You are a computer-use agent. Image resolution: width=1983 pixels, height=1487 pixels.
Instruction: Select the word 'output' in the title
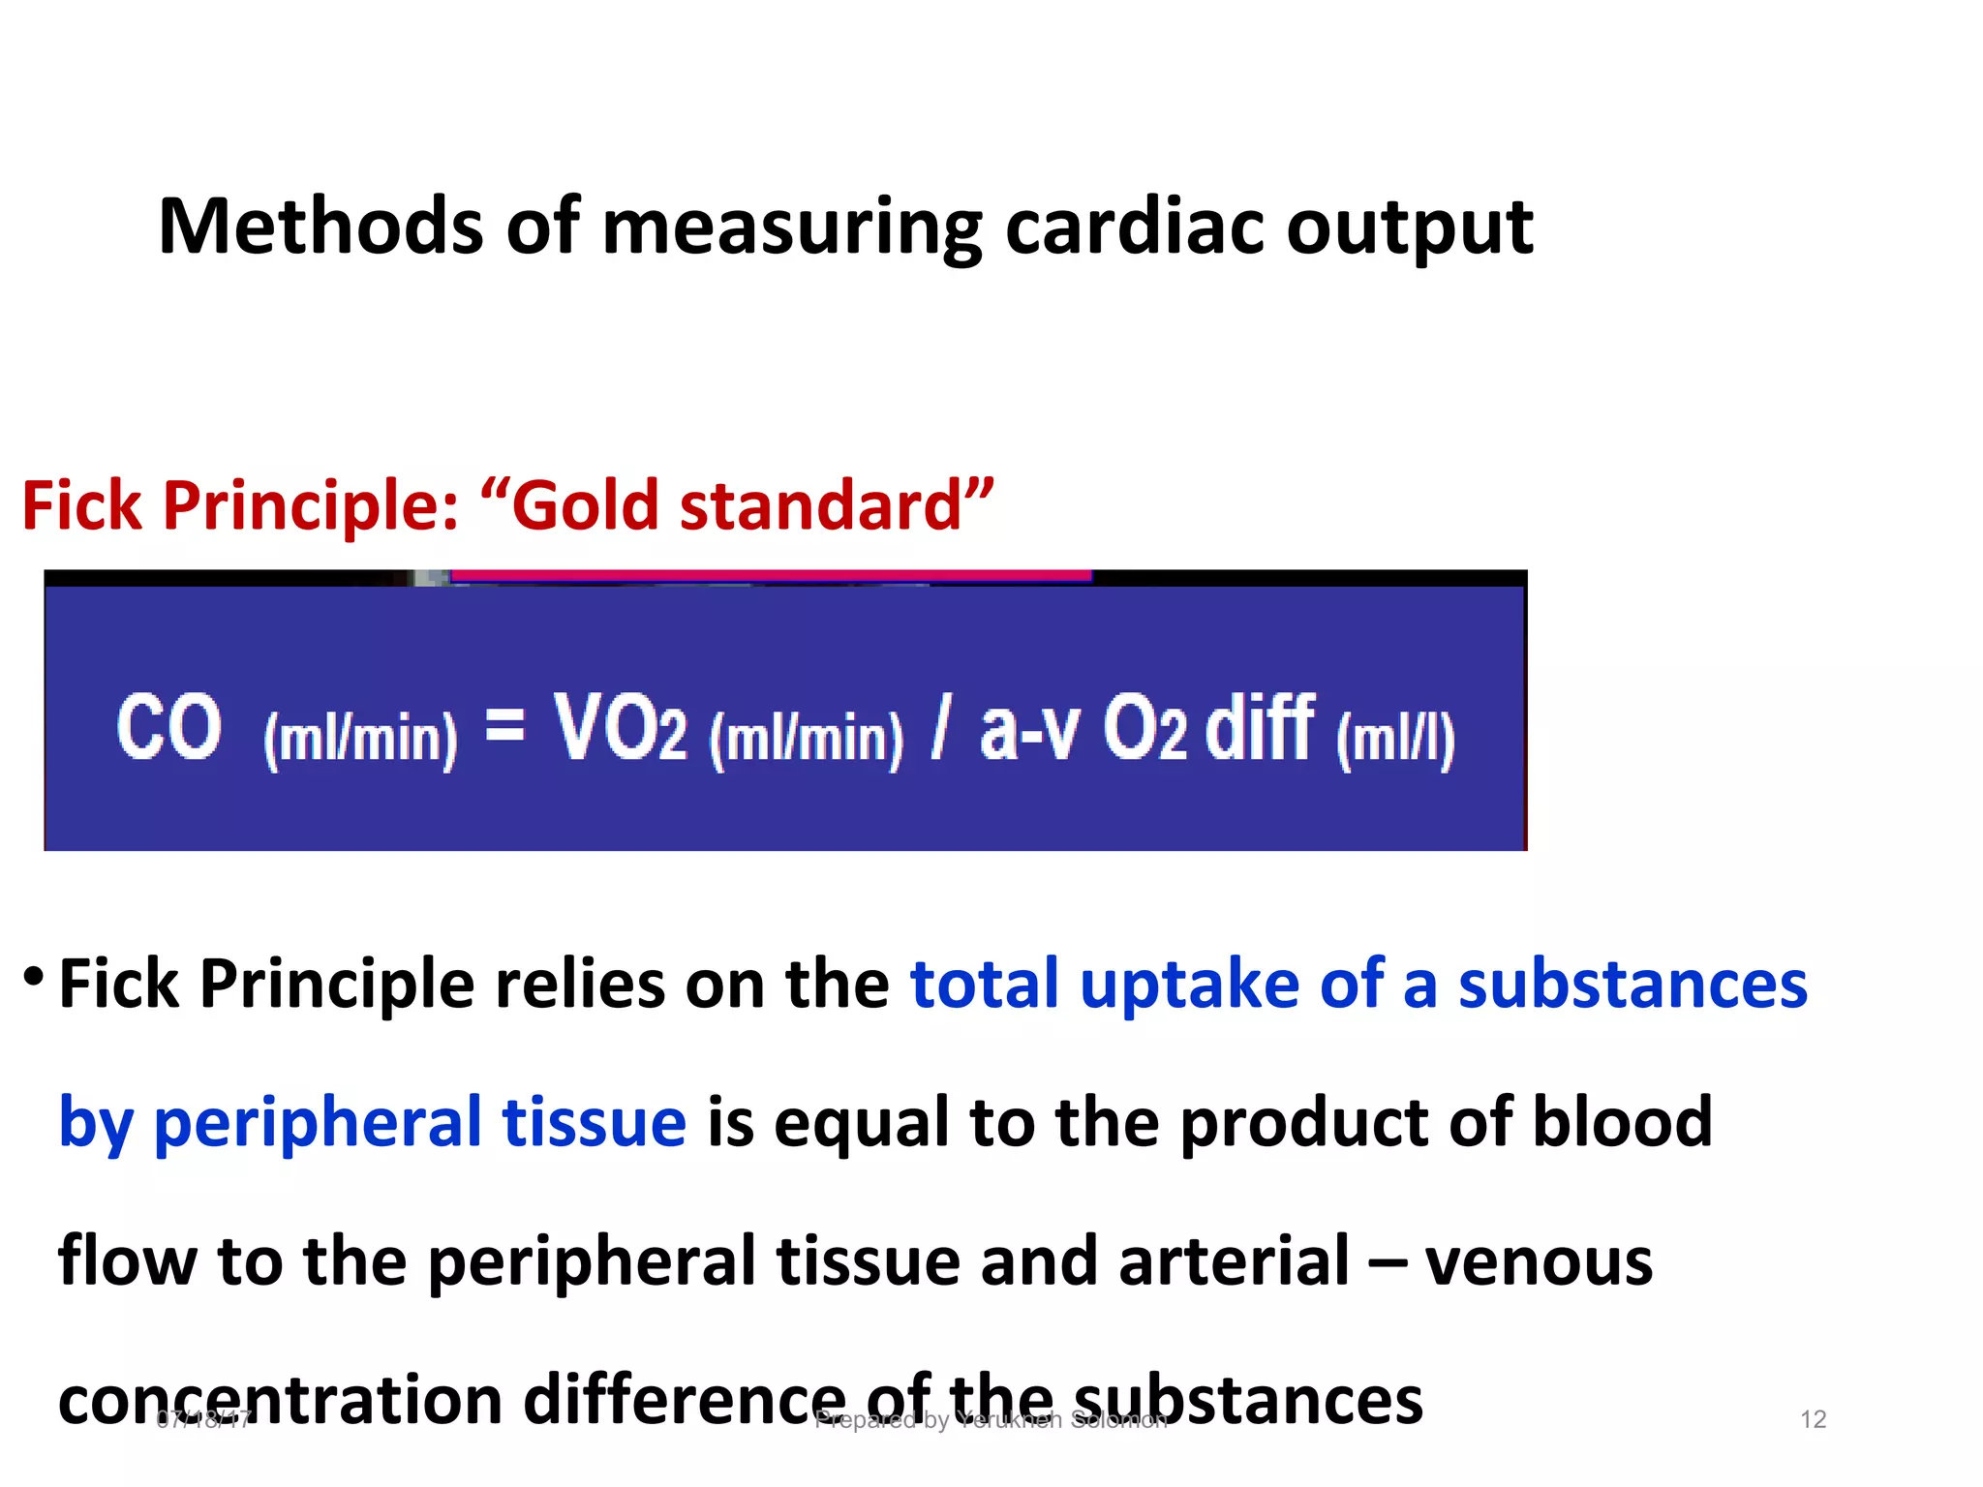(1410, 228)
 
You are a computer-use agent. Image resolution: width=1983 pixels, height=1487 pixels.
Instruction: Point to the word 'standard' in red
(819, 505)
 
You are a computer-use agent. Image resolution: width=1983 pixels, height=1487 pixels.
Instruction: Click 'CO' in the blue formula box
(168, 728)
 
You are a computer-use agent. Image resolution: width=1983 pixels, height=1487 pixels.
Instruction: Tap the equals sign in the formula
(504, 723)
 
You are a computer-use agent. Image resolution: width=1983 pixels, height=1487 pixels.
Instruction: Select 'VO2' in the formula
(620, 728)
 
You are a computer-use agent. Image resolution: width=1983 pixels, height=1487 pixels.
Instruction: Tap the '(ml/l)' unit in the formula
(1395, 740)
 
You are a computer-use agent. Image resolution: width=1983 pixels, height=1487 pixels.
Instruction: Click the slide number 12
(1813, 1419)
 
